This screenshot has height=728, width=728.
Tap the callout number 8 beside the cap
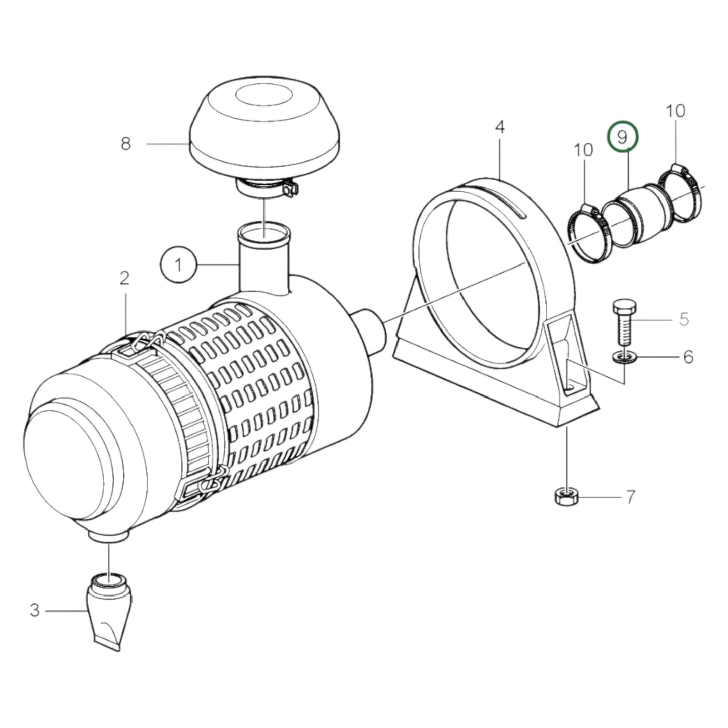(126, 144)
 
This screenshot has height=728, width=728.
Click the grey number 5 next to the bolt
(684, 319)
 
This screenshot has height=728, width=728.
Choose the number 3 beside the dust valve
(34, 611)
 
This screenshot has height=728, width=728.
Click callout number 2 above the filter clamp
(124, 278)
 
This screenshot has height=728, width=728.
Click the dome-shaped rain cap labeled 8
(264, 131)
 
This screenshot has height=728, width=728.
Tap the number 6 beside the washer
(688, 357)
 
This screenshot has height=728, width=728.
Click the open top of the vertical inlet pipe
(264, 232)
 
